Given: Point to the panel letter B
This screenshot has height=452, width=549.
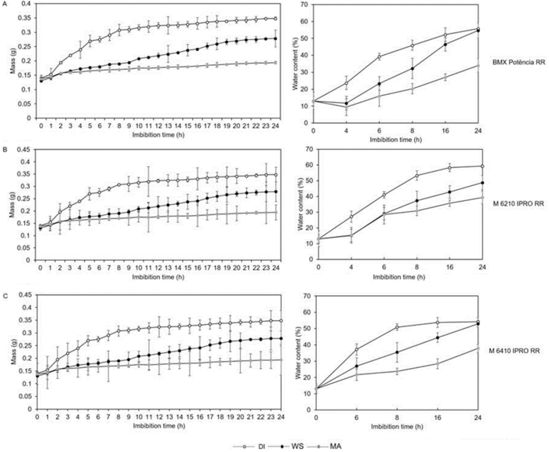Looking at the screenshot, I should click(5, 146).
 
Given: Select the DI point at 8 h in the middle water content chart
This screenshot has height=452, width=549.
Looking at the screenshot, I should click(416, 175).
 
